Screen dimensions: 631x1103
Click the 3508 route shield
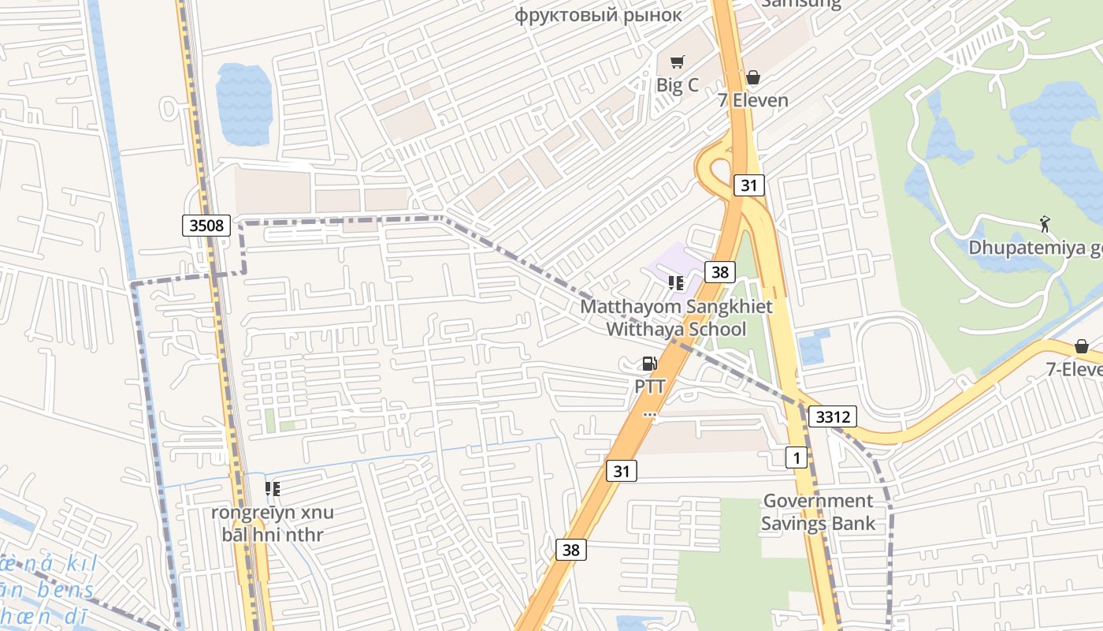click(206, 226)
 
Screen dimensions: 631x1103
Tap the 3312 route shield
click(832, 416)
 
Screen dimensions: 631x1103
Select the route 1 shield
click(797, 457)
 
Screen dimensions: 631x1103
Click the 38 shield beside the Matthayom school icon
click(719, 272)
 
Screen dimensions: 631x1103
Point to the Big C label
click(678, 84)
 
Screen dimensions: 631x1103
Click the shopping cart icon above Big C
click(677, 62)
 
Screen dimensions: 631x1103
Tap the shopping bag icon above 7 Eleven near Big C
click(752, 77)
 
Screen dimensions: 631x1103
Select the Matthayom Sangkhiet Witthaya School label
click(677, 318)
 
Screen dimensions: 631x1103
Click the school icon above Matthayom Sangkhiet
click(675, 283)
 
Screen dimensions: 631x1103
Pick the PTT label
click(651, 386)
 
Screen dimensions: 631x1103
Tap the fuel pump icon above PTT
click(650, 364)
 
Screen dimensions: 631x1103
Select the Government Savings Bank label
click(818, 512)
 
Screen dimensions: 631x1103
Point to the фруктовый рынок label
click(599, 15)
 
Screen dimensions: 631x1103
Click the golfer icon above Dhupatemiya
click(1045, 224)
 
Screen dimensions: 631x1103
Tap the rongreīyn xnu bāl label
click(272, 524)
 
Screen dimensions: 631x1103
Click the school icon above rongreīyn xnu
click(273, 489)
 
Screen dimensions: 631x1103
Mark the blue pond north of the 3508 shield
click(243, 103)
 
